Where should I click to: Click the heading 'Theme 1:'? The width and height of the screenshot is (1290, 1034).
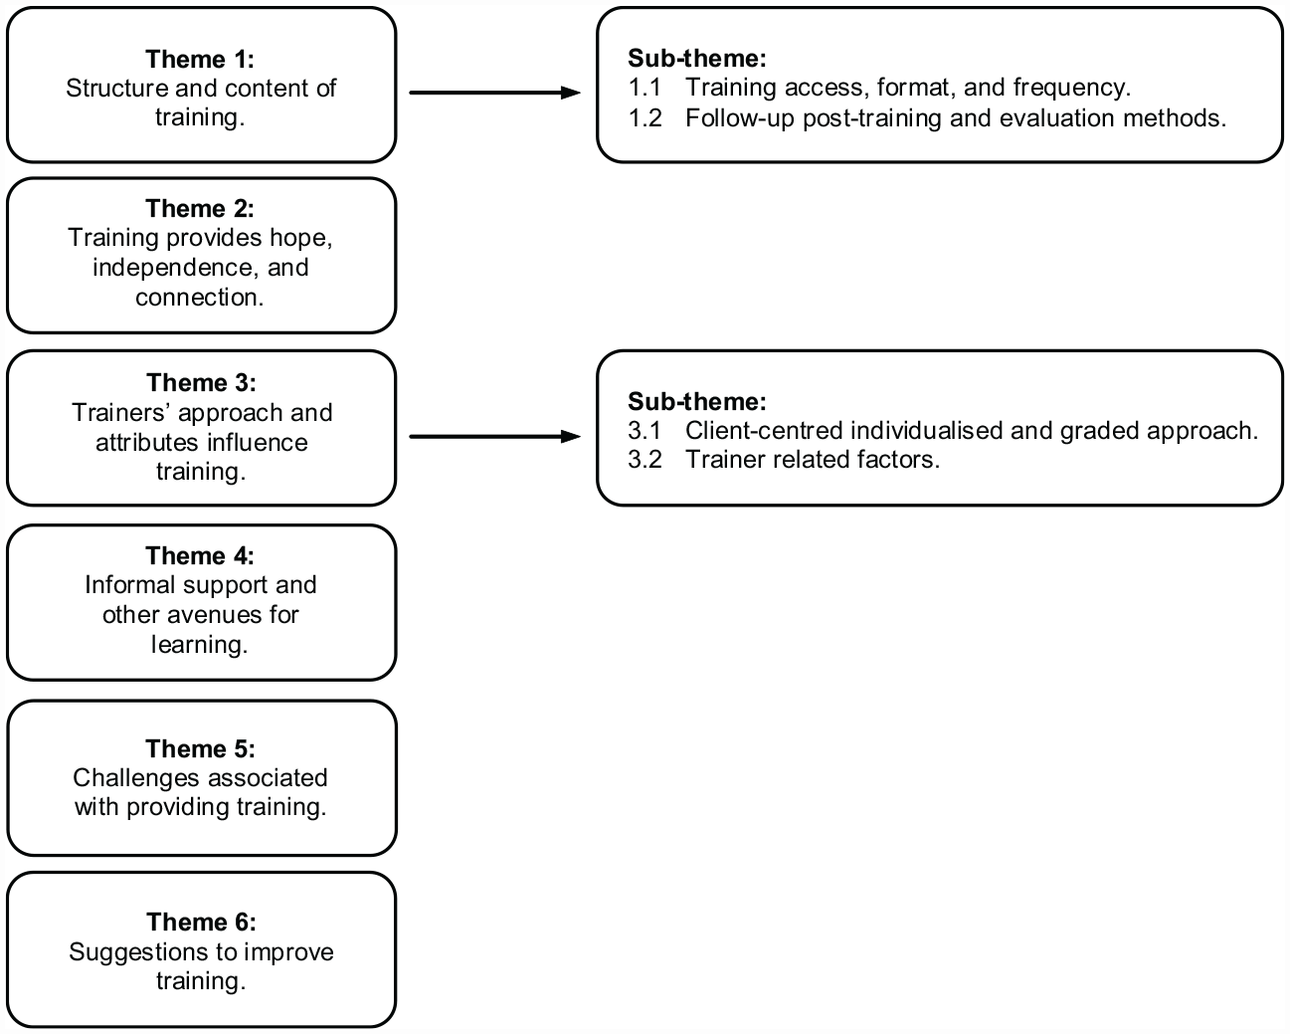coord(200,60)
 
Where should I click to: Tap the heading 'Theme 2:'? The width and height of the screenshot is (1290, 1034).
coord(200,209)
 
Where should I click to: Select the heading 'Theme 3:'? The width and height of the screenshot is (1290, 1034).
coord(202,383)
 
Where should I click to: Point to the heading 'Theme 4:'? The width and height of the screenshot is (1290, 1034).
coord(200,555)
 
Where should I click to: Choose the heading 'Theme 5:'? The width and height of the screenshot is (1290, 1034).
coord(201,748)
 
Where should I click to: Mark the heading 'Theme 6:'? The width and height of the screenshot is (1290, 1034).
coord(202,922)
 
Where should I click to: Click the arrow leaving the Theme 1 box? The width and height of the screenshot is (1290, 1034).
coord(495,93)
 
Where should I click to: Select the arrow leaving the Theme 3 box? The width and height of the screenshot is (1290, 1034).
coord(495,437)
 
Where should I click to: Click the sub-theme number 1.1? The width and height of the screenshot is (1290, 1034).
coord(645,88)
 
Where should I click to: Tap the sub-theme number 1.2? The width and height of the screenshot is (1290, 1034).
coord(645,118)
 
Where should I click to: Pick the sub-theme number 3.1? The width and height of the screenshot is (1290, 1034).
coord(645,431)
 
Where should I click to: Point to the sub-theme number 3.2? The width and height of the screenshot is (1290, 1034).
coord(645,460)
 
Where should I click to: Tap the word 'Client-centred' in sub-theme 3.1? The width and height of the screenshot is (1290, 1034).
coord(764,431)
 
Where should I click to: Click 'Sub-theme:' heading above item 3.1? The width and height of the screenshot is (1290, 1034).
coord(697,402)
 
